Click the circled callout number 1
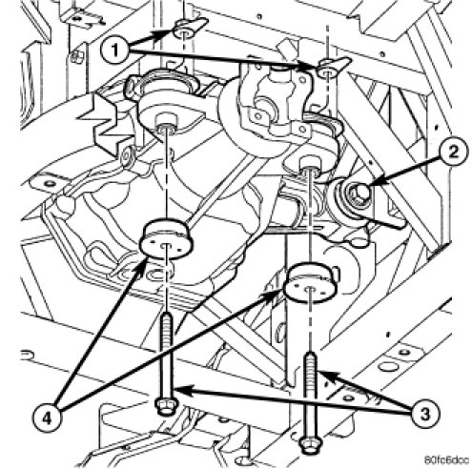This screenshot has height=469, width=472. pos(114,51)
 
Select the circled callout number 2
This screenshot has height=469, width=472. pos(453,153)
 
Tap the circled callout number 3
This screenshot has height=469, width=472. pos(425,414)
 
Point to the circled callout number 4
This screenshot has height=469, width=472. pos(47,419)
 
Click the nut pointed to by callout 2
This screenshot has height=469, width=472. pos(360,194)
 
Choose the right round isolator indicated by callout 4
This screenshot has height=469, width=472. pos(310,282)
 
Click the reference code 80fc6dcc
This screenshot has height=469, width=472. pos(446,460)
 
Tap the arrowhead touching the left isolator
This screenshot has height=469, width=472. pos(142,267)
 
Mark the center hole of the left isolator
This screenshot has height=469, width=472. pos(166,246)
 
